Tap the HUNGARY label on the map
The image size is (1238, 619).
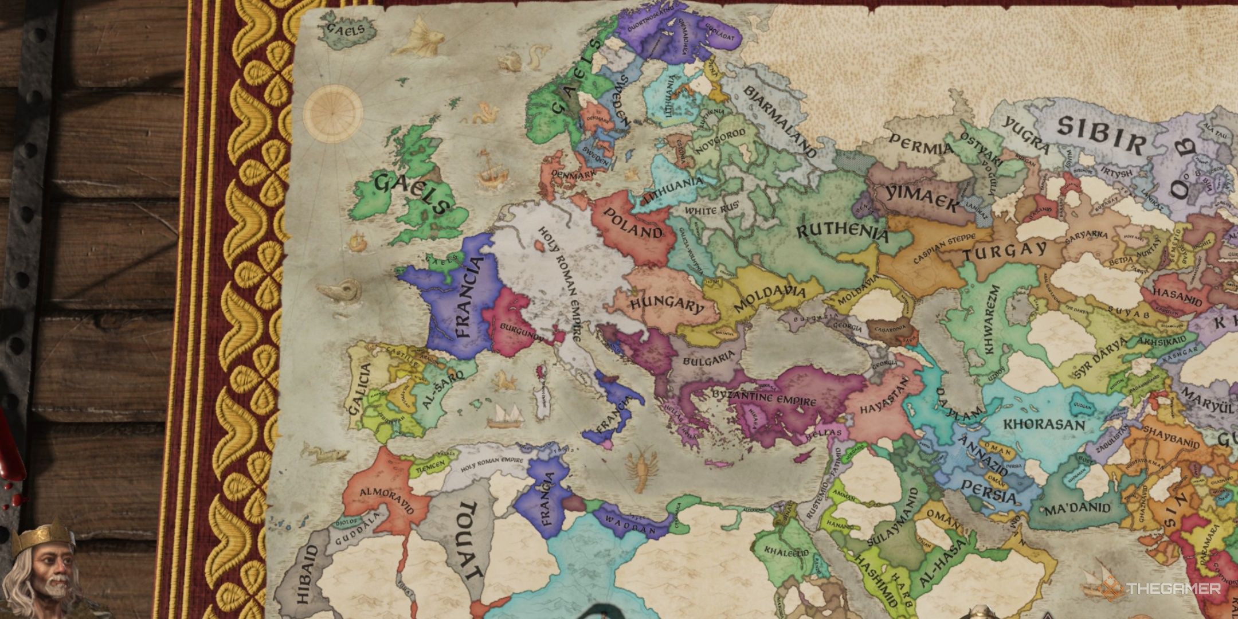[667, 304]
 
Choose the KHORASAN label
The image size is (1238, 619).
[1044, 425]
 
